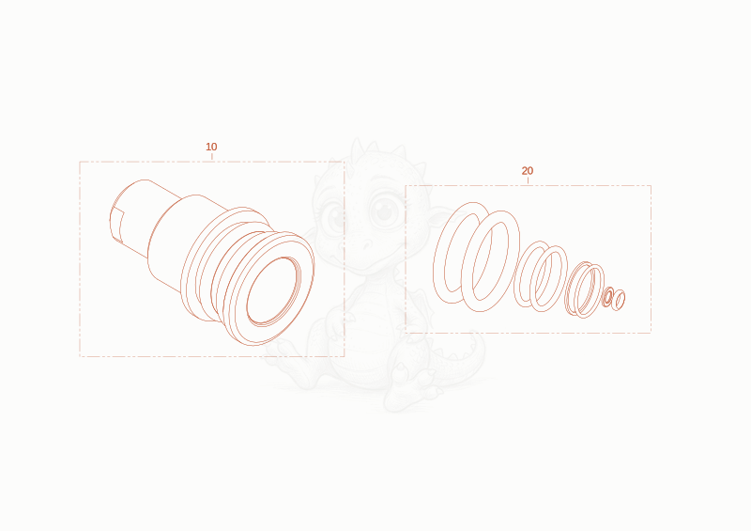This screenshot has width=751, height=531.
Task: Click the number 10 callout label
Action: [211, 147]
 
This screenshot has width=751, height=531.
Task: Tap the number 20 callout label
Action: [528, 171]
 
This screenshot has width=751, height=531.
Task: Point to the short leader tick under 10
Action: [212, 156]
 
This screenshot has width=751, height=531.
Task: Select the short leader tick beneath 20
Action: [528, 180]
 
